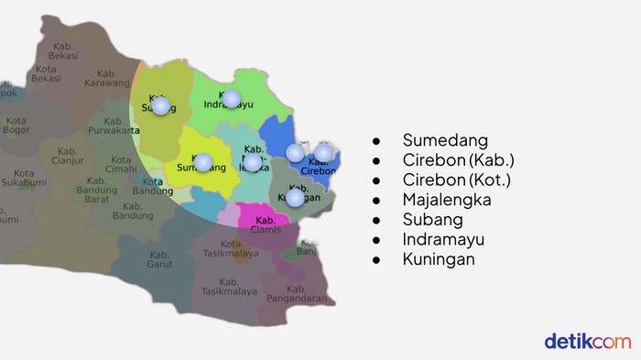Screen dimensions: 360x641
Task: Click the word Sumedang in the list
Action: coord(444,140)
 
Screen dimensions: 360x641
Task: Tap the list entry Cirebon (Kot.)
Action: coord(457,180)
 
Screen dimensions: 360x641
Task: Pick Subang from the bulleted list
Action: coord(432,220)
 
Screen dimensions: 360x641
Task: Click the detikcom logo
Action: coord(587,341)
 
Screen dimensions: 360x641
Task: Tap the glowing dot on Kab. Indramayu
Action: coord(232,98)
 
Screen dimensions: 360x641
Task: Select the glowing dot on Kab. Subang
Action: coord(161,105)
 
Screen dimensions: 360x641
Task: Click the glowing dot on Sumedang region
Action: coord(203,162)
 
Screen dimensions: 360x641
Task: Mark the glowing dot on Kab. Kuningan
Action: coord(295,197)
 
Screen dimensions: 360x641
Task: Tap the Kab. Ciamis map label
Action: coord(266,224)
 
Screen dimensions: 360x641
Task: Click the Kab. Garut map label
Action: coord(159,259)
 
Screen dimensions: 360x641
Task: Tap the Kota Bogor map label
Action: coord(16,125)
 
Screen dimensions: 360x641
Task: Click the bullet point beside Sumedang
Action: coord(375,140)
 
